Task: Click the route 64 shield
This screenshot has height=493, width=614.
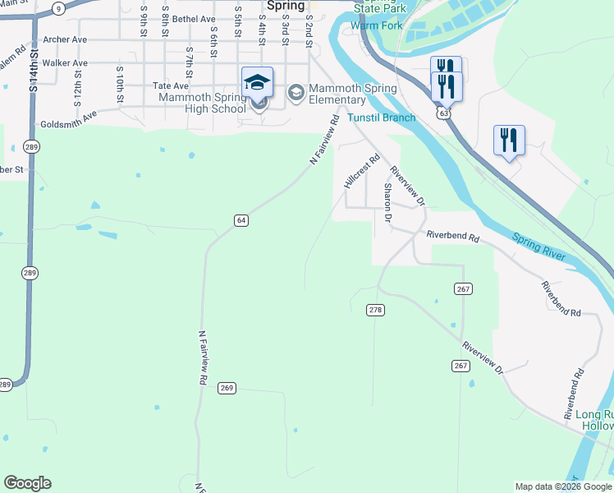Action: (x=241, y=220)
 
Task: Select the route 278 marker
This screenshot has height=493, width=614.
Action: (x=376, y=309)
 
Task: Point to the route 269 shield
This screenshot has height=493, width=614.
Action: (x=227, y=388)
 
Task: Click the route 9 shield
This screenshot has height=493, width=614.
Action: (x=57, y=7)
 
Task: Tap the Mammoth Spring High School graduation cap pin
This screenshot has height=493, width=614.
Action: (x=257, y=83)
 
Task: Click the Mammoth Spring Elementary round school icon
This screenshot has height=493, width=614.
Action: (x=296, y=93)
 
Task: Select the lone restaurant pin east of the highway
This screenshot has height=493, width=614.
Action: (x=509, y=141)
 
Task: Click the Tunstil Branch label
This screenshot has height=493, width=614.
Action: (x=381, y=117)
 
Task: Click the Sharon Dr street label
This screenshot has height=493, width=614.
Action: (x=387, y=203)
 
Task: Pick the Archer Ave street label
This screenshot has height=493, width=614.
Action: (x=65, y=39)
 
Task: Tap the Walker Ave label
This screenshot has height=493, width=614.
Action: (x=65, y=62)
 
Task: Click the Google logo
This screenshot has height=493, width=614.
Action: (x=27, y=483)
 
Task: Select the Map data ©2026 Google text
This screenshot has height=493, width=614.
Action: (x=562, y=486)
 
